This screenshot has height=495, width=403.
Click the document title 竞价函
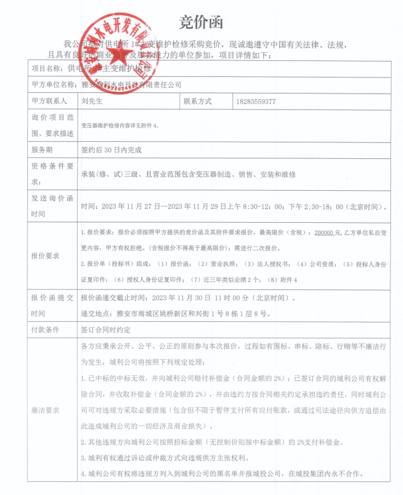point(201,22)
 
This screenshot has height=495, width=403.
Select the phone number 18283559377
point(256,101)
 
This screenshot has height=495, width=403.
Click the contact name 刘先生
point(92,101)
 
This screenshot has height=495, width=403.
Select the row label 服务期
point(42,150)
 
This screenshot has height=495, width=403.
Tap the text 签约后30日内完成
point(112,150)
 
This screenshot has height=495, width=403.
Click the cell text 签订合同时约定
point(107,329)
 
